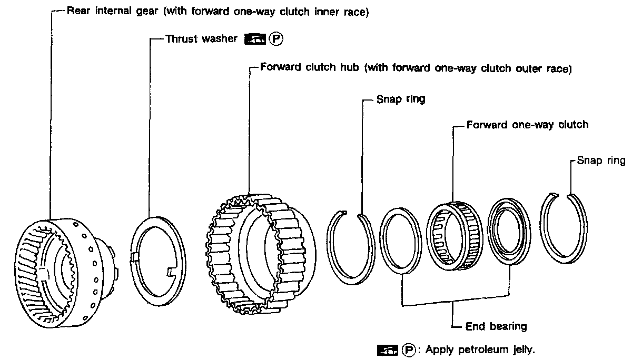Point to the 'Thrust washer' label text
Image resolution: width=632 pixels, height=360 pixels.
pos(201,39)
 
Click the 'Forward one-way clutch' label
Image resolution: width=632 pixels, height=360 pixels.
pos(527,125)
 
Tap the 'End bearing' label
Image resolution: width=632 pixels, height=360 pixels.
pos(496,326)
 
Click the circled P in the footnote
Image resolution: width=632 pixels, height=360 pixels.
pos(409,349)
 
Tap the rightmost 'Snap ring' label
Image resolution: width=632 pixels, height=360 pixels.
pos(601,161)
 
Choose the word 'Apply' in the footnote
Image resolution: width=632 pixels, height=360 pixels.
pos(440,349)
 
